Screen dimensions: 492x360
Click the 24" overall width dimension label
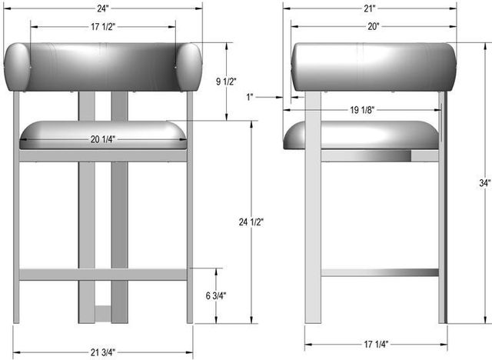point(102,8)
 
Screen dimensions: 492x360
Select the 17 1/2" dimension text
point(103,27)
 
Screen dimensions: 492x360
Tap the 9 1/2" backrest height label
point(226,82)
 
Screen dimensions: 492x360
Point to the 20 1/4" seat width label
point(103,139)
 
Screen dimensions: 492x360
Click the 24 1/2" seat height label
point(251,222)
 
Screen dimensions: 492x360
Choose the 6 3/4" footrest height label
point(216,295)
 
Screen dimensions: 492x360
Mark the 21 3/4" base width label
point(103,352)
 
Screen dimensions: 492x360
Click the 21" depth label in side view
point(370,8)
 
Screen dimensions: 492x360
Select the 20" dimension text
point(374,27)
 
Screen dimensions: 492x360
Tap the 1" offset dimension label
point(250,97)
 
